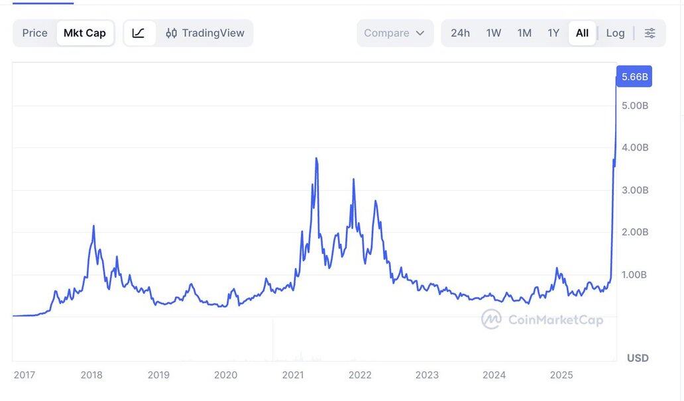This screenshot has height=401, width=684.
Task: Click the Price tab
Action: (35, 33)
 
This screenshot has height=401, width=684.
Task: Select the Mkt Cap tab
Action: (85, 33)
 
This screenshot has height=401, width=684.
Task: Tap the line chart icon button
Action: (139, 33)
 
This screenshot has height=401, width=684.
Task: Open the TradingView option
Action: (205, 33)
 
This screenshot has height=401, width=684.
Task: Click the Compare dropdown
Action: (394, 33)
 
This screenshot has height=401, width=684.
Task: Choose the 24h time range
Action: (460, 33)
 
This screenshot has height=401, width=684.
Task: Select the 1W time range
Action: (494, 33)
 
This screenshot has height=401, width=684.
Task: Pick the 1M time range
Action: (524, 33)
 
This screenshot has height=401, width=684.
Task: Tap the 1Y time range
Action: (553, 33)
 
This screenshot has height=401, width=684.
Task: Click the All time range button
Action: (582, 33)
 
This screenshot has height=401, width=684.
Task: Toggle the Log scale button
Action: (615, 33)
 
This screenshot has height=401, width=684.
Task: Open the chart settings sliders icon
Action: (650, 33)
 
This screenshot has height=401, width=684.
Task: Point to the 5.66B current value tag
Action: (634, 76)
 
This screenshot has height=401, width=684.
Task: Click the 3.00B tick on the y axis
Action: (635, 190)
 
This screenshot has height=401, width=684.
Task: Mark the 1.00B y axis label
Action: (635, 274)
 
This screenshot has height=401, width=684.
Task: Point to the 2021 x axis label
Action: (293, 375)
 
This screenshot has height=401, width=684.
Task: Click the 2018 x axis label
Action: (91, 375)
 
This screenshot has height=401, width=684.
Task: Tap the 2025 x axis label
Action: (561, 375)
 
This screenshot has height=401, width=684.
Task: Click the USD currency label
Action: (638, 358)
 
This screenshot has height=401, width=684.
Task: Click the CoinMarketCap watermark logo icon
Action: (491, 319)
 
